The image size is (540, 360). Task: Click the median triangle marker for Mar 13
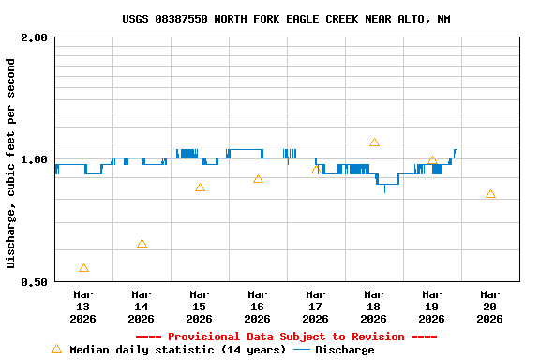point(83,268)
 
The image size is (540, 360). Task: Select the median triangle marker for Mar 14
point(142,244)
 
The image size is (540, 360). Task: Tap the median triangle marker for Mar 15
point(200,187)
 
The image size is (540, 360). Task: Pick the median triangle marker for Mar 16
point(258,179)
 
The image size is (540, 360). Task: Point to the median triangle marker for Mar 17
point(316,170)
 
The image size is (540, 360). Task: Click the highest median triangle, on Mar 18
point(374,142)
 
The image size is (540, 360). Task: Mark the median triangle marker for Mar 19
point(432,160)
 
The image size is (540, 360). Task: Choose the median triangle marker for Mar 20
point(490,194)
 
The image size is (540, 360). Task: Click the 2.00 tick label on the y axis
point(35,38)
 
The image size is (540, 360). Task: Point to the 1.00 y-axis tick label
point(35,160)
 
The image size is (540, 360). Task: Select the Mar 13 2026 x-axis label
point(83,307)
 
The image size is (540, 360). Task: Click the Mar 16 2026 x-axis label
point(258,307)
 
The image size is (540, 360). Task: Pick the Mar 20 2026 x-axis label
point(490,307)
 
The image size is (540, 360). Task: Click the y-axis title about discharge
point(11,163)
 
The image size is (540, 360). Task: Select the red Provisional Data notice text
point(286,337)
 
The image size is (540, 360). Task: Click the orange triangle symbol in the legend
point(56,349)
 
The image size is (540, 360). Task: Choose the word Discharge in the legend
point(344,350)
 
